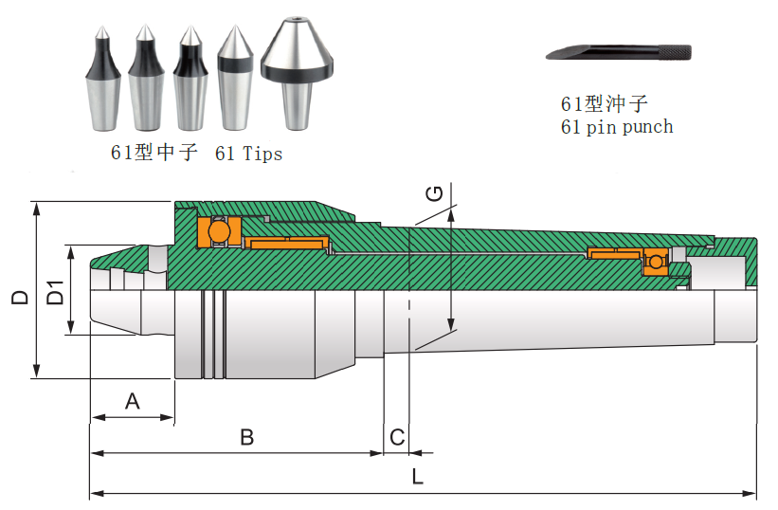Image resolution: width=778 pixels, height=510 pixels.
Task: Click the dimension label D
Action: [19, 296]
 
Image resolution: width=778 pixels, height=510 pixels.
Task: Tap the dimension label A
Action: [133, 401]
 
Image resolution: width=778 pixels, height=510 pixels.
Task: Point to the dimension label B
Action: [246, 437]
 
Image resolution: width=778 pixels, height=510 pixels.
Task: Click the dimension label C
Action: [398, 437]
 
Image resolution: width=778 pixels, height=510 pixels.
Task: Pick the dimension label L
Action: [417, 477]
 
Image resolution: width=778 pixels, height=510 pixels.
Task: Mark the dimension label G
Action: [435, 193]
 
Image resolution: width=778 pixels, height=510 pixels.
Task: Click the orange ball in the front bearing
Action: [219, 231]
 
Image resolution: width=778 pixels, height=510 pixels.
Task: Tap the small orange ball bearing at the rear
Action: [655, 261]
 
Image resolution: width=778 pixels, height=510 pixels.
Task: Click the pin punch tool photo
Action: [618, 52]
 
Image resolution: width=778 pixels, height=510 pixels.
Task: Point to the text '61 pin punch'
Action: [616, 127]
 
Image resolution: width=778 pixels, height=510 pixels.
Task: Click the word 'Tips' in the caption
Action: [262, 153]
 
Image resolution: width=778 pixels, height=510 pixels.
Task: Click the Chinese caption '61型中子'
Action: [154, 153]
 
